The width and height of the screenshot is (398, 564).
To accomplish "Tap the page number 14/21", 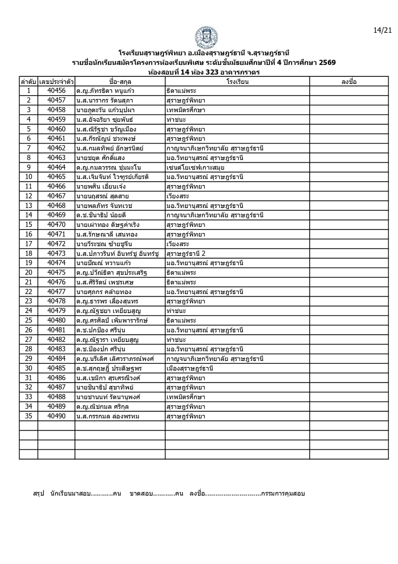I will (382, 30).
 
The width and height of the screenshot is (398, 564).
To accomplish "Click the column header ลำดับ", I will (29, 82).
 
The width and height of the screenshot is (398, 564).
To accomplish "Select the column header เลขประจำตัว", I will (56, 82).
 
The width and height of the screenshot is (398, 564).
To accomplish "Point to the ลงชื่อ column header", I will (349, 82).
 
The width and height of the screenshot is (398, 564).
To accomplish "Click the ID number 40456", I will (56, 91).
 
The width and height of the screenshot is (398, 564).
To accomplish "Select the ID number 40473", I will (56, 253).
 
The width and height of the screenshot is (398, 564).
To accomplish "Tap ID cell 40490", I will (56, 416).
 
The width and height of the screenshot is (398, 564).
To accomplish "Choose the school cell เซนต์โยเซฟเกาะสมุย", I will (195, 167).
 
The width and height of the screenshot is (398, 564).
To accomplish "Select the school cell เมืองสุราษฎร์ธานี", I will (190, 368).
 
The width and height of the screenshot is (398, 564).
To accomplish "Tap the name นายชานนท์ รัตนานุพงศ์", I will (108, 397).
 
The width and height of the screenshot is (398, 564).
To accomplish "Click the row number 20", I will (29, 272).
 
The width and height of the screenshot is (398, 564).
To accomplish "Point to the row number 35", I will (29, 416).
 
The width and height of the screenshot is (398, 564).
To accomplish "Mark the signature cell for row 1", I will (349, 91).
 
